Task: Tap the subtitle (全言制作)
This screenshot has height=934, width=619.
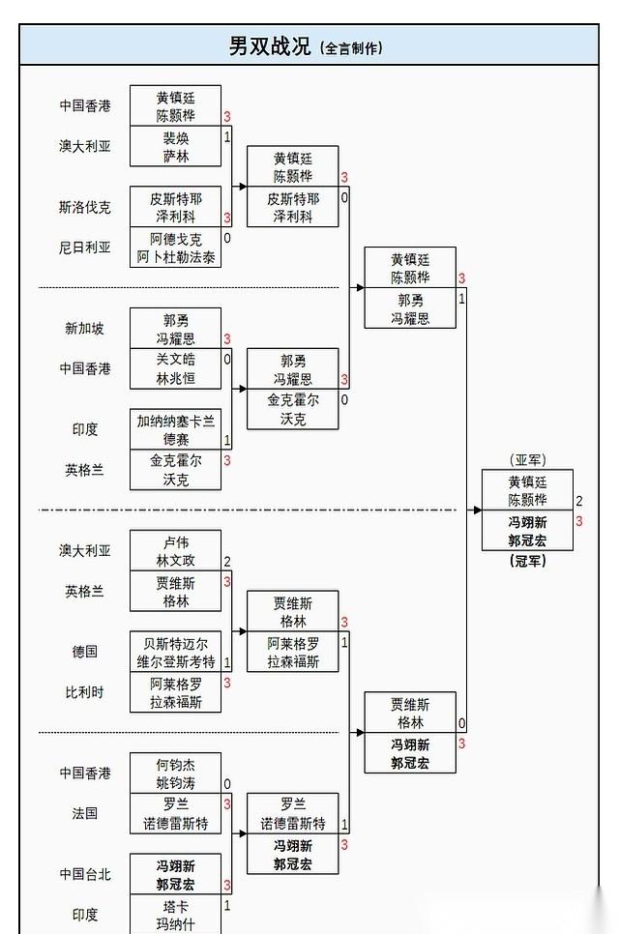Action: tap(350, 47)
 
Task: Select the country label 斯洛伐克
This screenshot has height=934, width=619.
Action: tap(84, 207)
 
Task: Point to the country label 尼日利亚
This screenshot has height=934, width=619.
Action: tap(84, 248)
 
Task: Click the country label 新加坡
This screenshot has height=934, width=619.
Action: tap(84, 328)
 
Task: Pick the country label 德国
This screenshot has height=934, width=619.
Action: tap(84, 651)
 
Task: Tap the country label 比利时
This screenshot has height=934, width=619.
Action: tap(84, 691)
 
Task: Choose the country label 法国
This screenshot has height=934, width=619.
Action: tap(84, 813)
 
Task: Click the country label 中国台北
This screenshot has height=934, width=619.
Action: tap(84, 874)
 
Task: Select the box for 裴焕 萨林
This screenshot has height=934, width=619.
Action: tap(175, 147)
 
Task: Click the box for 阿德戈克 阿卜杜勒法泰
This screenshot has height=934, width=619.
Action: tap(175, 248)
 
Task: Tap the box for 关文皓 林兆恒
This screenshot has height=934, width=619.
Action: tap(175, 368)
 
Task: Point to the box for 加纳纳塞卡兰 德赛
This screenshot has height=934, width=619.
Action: tap(175, 429)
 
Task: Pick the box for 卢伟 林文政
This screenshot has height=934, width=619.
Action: tap(175, 550)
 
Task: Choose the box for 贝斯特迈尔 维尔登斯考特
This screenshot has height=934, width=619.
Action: tap(175, 652)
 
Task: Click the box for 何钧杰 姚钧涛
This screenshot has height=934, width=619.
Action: tap(175, 773)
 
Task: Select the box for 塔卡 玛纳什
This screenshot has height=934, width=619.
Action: tap(175, 915)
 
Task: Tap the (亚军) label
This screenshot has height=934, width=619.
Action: tap(527, 459)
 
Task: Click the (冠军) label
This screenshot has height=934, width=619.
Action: tap(527, 561)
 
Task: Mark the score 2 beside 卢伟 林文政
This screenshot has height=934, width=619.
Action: tap(227, 561)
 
